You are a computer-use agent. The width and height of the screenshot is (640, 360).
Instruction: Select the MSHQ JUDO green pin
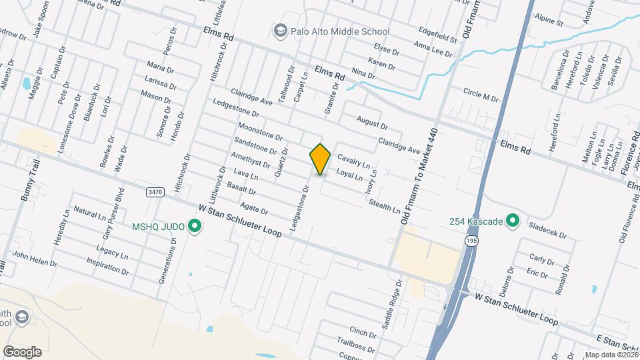click(195, 227)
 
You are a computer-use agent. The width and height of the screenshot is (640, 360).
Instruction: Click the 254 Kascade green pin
click(513, 220)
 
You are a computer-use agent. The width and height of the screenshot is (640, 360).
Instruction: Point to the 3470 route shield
click(155, 192)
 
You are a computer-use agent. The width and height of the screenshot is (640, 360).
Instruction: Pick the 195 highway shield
click(472, 240)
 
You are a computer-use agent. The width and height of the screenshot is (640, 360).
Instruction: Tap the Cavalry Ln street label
click(354, 161)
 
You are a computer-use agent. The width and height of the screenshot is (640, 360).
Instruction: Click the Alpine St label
click(550, 20)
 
